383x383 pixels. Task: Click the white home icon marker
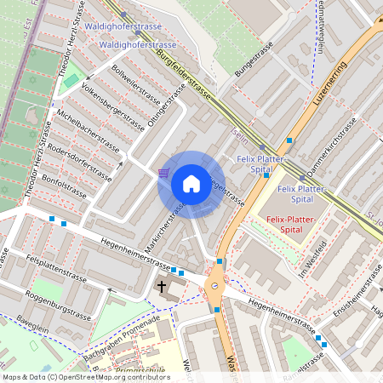pos(191,183)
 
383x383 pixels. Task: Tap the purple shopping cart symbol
pos(163,174)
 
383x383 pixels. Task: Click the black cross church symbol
pos(163,288)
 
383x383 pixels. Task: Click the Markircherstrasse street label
pos(165,227)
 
